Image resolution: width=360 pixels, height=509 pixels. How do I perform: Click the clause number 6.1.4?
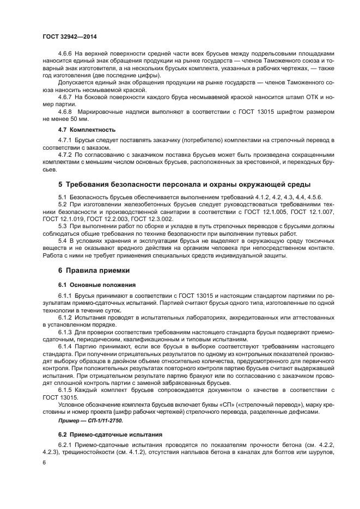coord(66,346)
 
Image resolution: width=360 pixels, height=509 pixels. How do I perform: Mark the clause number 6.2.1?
coord(66,445)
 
